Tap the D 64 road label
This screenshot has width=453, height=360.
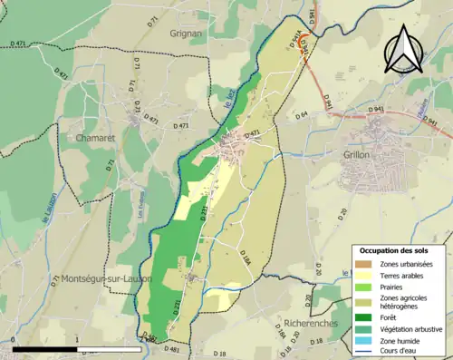coord(302,114)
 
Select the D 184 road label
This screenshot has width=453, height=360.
coord(245,262)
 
